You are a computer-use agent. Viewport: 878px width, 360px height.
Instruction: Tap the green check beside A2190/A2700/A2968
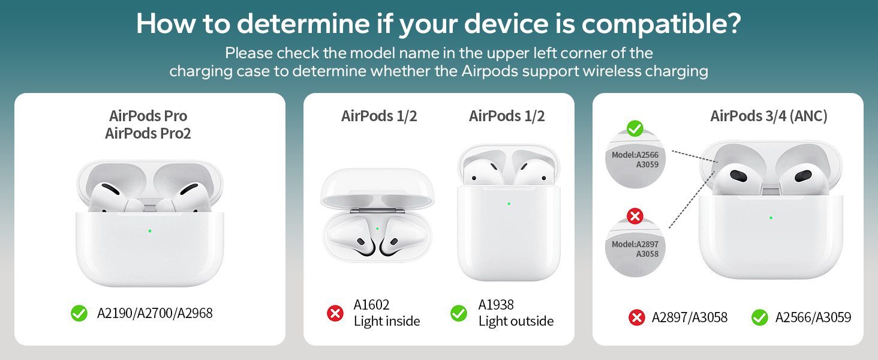(x=79, y=313)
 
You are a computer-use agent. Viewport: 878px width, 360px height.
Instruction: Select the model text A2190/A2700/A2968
(x=155, y=313)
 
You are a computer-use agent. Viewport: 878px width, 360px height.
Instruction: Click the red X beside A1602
(x=335, y=313)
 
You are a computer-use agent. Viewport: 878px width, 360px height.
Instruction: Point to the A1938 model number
(x=496, y=305)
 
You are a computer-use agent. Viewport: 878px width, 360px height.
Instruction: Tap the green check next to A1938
(x=459, y=313)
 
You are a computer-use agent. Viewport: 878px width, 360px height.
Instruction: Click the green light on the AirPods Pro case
(x=149, y=231)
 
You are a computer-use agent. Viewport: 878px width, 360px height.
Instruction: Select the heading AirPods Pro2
(x=148, y=133)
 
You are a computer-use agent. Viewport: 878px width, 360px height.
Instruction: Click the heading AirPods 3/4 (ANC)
(x=769, y=116)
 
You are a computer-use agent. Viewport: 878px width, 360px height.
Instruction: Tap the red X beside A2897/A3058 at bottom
(x=637, y=317)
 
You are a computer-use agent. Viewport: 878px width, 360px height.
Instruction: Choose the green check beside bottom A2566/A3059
(x=760, y=317)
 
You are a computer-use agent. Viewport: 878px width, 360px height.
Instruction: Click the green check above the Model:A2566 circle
(x=635, y=128)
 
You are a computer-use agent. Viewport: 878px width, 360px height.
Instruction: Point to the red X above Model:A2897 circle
(x=635, y=216)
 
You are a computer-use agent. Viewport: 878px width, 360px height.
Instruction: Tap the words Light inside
(x=387, y=321)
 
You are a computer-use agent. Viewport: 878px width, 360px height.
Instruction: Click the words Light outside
(x=516, y=321)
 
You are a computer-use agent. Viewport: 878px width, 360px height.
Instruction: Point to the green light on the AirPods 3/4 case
(x=771, y=217)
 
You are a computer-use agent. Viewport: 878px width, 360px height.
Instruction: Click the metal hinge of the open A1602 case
(x=377, y=211)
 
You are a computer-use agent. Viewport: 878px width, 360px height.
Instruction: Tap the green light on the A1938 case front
(x=509, y=203)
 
